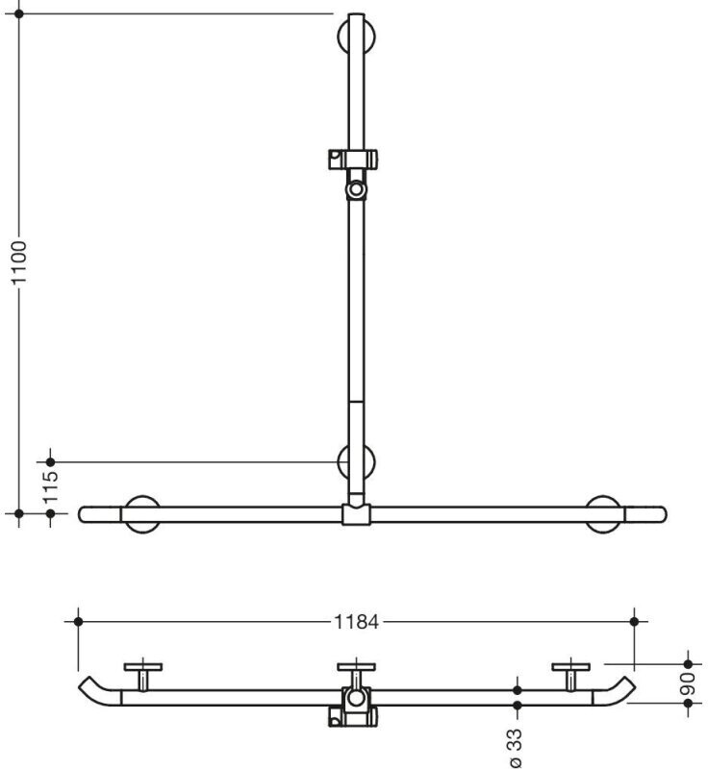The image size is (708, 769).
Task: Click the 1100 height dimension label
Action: click(19, 262)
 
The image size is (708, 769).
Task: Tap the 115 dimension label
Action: click(51, 487)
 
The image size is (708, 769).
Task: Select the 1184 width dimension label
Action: click(357, 622)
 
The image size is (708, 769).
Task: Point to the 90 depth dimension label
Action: click(688, 683)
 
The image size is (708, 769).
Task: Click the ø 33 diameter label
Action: click(516, 748)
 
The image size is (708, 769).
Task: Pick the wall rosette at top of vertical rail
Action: click(357, 37)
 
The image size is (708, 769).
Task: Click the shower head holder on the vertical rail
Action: click(353, 173)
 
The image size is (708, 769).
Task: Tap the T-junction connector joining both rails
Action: click(356, 514)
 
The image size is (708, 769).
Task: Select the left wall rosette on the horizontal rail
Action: click(142, 514)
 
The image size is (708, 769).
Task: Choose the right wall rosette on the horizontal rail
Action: click(603, 514)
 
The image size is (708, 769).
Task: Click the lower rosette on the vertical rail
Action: click(357, 461)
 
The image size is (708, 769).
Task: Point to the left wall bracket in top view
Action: click(142, 676)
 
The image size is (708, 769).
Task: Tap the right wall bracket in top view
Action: click(570, 676)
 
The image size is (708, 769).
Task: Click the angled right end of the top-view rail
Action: click(615, 690)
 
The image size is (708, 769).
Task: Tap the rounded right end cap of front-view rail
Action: click(645, 514)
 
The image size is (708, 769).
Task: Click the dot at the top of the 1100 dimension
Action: click(19, 13)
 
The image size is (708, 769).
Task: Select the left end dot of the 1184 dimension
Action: click(78, 622)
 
